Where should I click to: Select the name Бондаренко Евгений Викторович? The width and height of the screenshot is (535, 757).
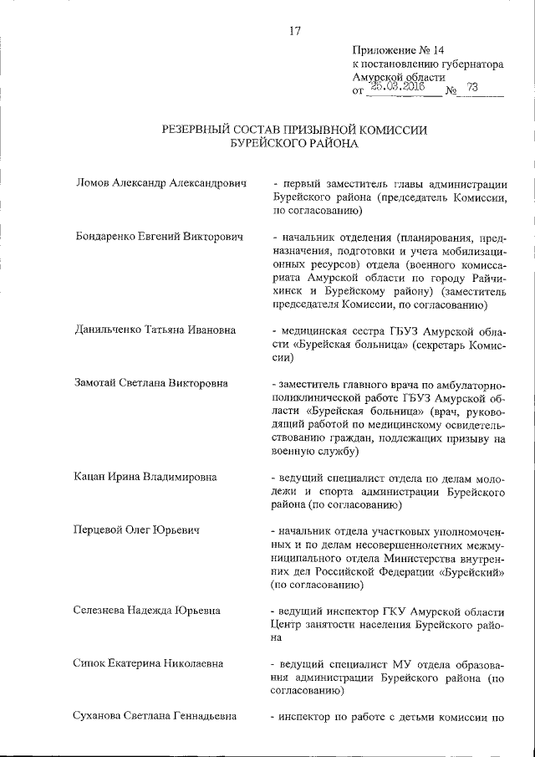pos(159,238)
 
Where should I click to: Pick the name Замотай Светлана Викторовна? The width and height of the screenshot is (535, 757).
pos(155,385)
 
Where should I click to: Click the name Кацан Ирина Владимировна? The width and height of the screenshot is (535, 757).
pos(146,478)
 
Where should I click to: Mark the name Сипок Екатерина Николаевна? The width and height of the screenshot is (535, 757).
pos(151,665)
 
